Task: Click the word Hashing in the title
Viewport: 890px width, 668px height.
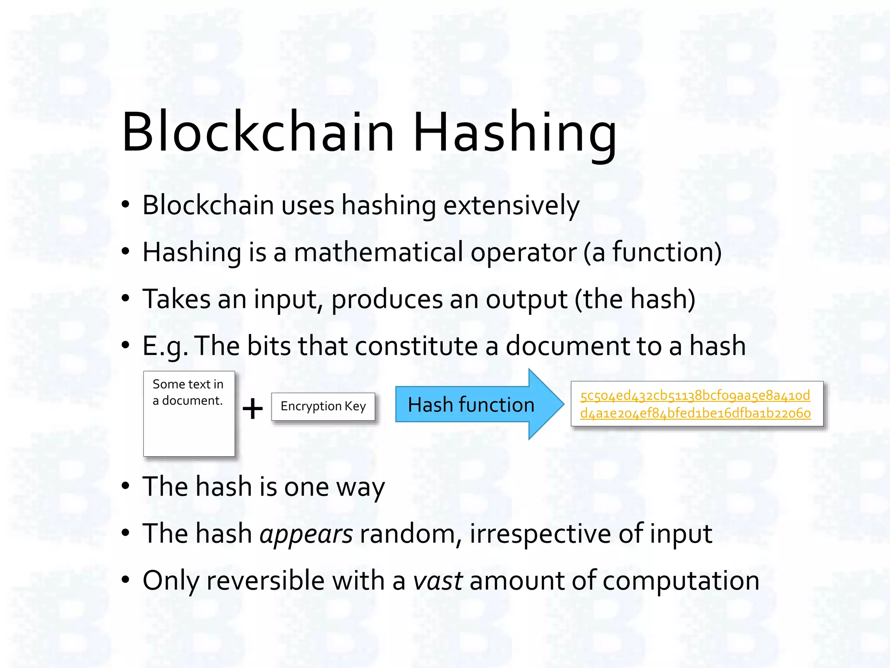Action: [x=515, y=132]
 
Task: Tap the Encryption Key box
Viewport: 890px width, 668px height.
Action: [x=323, y=406]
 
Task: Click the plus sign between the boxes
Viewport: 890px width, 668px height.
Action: [x=252, y=409]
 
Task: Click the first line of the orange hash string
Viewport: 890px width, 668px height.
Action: [x=695, y=395]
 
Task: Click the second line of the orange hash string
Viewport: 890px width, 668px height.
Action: [x=695, y=413]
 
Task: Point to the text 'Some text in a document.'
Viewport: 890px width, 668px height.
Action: [x=188, y=392]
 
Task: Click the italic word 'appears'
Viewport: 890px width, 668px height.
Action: [x=306, y=534]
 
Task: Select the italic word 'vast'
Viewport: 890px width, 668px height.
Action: [x=438, y=581]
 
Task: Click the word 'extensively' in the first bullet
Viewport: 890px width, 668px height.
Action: [x=511, y=205]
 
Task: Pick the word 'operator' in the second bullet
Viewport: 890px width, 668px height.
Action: [x=523, y=253]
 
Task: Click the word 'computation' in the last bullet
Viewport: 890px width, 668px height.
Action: [x=681, y=581]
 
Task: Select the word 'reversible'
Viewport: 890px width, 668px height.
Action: [x=266, y=581]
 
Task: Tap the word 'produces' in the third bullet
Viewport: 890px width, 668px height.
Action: [x=386, y=300]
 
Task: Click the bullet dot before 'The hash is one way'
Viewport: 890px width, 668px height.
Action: [x=126, y=486]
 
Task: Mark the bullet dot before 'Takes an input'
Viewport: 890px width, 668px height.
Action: [x=126, y=298]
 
